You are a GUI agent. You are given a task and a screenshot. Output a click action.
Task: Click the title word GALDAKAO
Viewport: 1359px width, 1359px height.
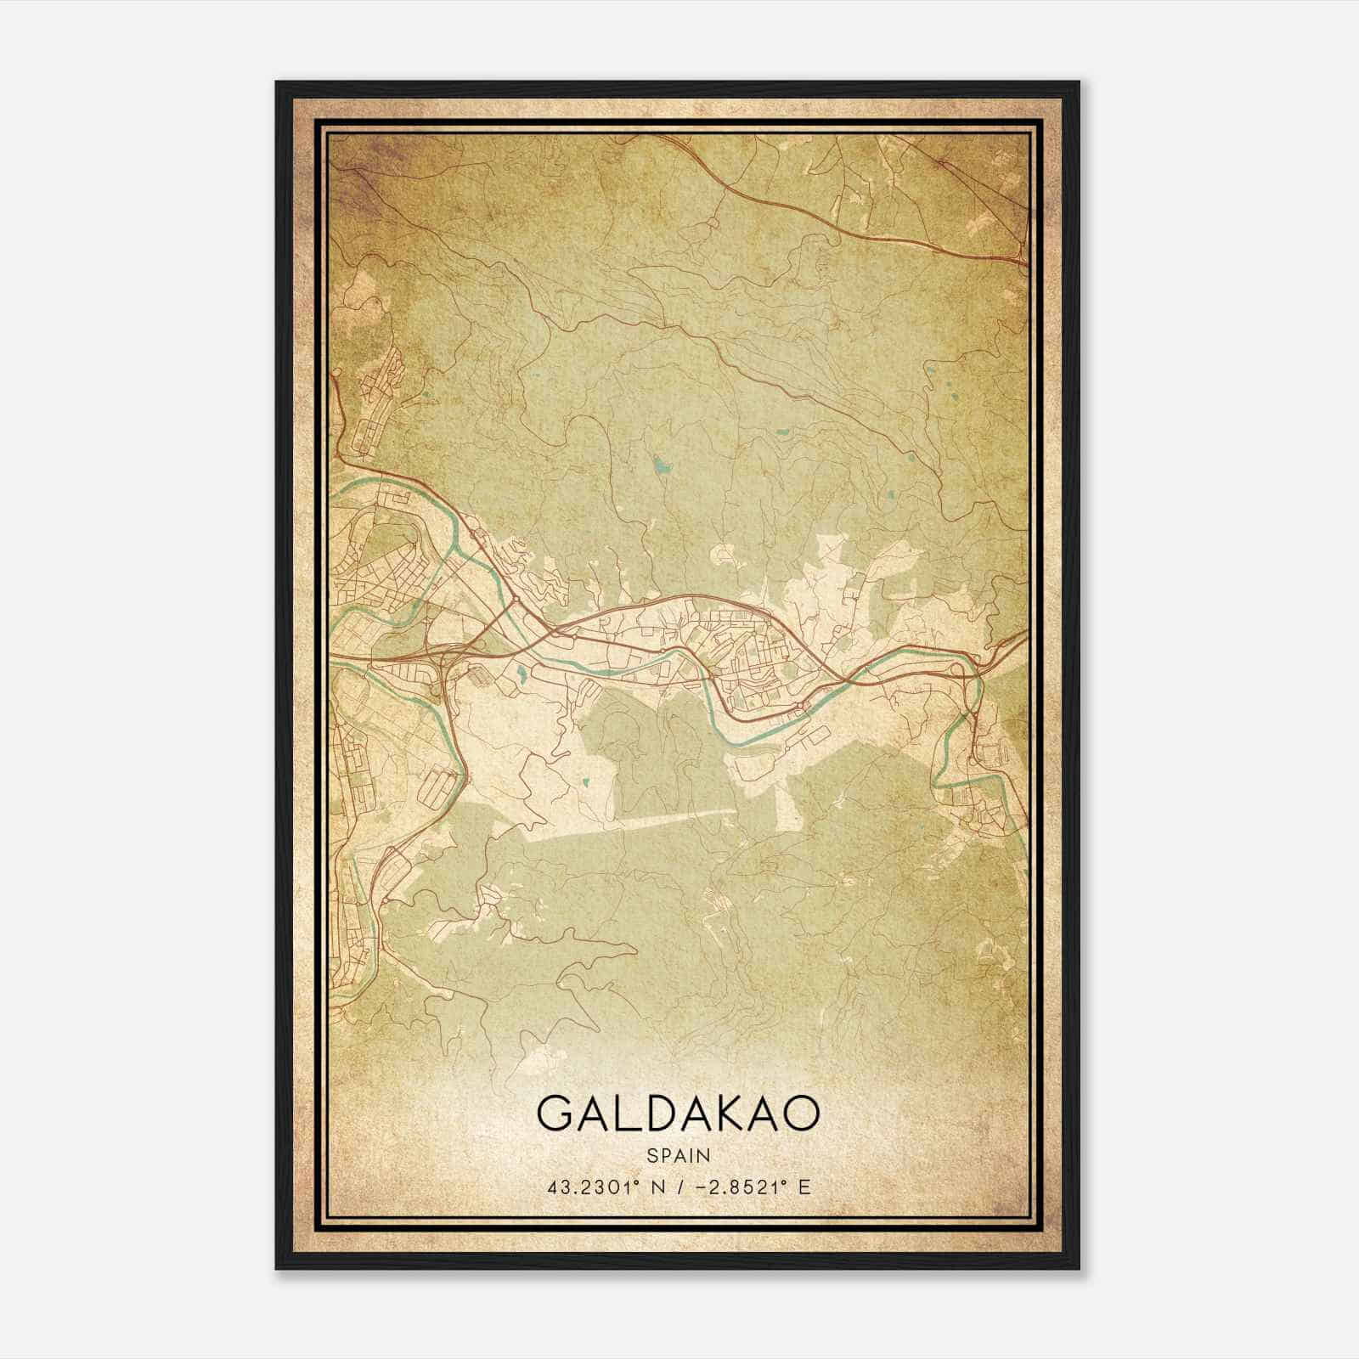pyautogui.click(x=679, y=1113)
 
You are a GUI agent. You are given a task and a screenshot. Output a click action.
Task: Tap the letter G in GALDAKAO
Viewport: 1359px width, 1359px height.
pyautogui.click(x=555, y=1113)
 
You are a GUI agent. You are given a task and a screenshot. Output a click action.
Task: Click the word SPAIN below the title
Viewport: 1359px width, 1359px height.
pyautogui.click(x=679, y=1155)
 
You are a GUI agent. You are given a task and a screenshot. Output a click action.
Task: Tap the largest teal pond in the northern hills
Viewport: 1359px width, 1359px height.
pyautogui.click(x=660, y=465)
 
